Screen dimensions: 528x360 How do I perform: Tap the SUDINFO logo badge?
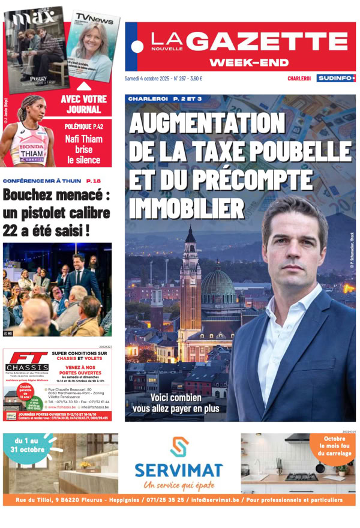coord(336,78)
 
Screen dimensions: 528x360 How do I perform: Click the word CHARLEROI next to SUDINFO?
coord(299,79)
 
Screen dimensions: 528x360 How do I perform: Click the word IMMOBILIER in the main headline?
coord(188,208)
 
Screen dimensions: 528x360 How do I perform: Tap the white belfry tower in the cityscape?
coord(191,282)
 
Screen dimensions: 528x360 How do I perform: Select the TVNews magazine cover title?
coord(94,21)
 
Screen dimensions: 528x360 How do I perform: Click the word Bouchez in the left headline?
coord(32,196)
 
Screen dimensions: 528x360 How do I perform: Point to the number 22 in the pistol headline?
coord(13,229)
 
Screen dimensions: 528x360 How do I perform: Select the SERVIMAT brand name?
coord(179,470)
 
